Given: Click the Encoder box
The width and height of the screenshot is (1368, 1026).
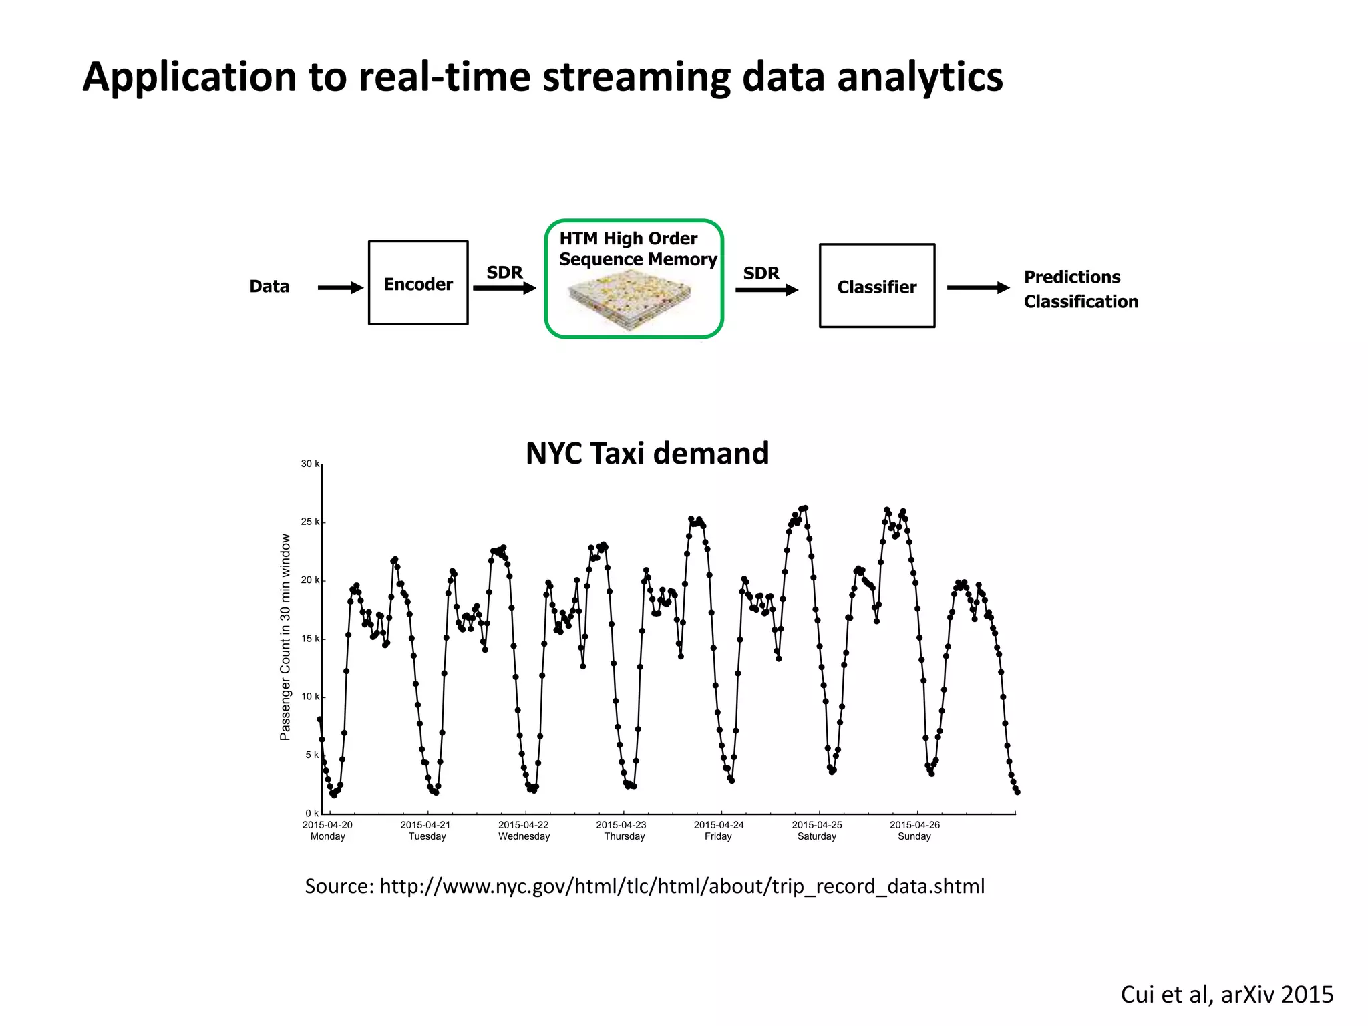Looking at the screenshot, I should click(x=418, y=283).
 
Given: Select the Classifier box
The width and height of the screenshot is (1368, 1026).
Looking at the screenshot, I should click(x=876, y=286).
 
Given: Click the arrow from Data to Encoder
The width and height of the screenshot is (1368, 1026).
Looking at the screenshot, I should click(x=340, y=287).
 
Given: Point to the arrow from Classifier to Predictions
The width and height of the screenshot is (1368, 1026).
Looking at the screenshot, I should click(x=978, y=287).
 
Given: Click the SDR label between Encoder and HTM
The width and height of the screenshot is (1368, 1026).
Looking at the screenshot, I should click(x=504, y=273).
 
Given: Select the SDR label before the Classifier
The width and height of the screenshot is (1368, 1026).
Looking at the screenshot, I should click(x=761, y=273).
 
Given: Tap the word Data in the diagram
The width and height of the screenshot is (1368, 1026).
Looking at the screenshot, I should click(x=269, y=286).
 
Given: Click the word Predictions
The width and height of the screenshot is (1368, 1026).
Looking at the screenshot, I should click(x=1072, y=277).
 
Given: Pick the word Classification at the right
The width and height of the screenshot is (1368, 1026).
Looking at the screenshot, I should click(x=1081, y=301).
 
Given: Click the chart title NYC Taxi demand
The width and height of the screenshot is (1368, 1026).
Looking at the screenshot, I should click(x=647, y=453).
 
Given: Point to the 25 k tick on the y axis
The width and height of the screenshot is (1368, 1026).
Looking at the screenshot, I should click(x=311, y=522).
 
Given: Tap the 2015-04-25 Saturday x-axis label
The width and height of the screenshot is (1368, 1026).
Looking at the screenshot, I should click(x=817, y=830).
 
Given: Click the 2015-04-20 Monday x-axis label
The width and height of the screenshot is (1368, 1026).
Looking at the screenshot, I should click(x=327, y=830).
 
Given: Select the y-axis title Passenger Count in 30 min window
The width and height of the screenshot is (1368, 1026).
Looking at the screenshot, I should click(x=285, y=637).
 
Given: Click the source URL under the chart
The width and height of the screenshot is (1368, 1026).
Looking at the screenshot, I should click(x=681, y=886).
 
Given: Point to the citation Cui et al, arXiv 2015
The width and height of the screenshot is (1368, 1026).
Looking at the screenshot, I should click(x=1226, y=994).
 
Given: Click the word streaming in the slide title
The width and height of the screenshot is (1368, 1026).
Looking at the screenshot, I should click(x=636, y=77).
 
